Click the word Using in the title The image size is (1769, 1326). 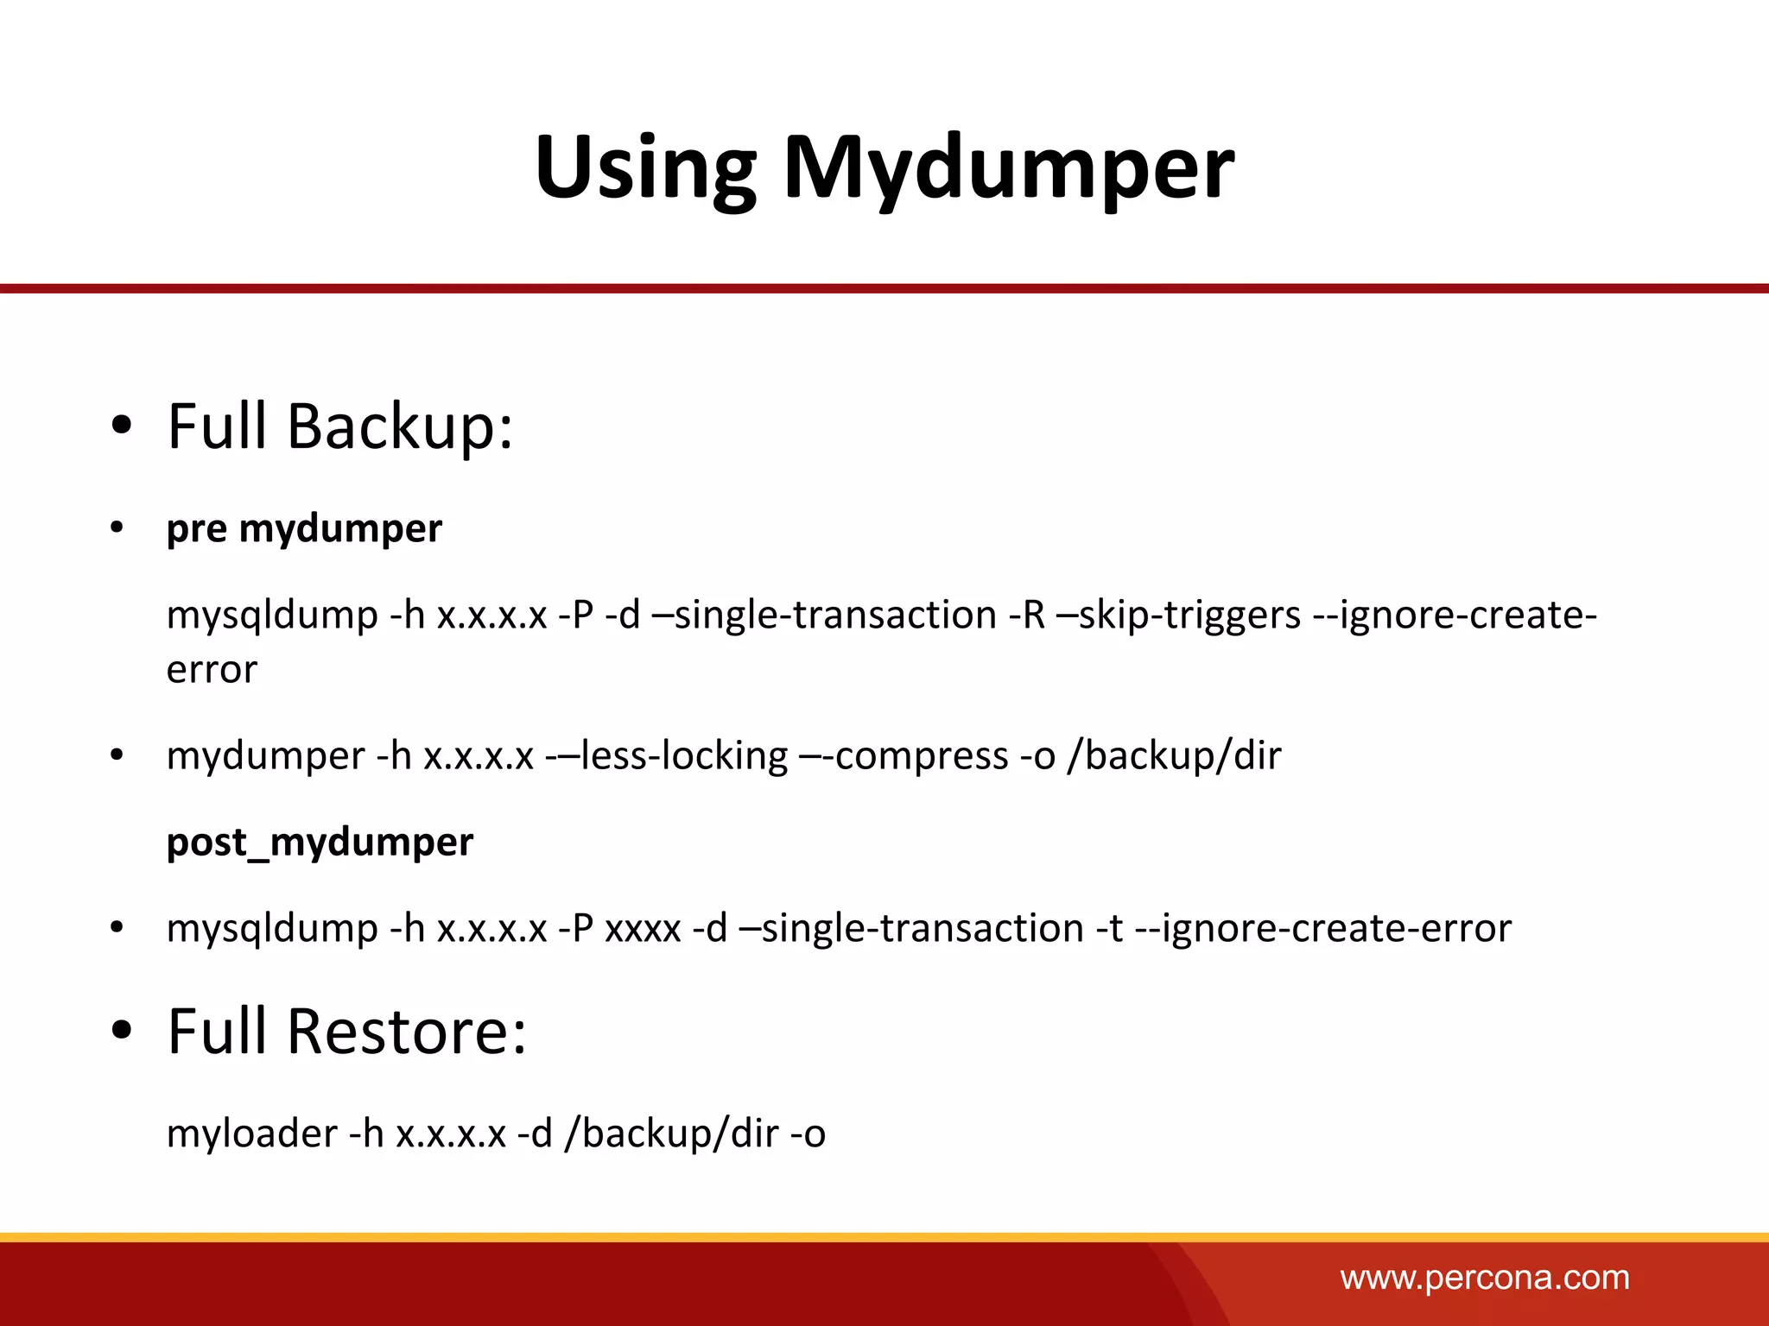[x=644, y=168]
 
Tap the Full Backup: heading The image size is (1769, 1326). [x=339, y=426]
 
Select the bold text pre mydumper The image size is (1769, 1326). [x=304, y=528]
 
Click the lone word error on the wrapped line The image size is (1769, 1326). [x=212, y=670]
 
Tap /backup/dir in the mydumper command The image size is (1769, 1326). [x=1174, y=756]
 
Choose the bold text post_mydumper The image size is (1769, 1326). [x=320, y=843]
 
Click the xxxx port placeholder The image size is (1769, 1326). [x=644, y=929]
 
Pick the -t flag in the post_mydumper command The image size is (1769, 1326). [x=1109, y=929]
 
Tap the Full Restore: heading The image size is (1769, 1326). [x=346, y=1032]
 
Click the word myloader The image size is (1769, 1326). [x=251, y=1133]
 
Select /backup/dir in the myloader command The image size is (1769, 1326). [x=671, y=1133]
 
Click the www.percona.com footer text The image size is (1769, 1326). [x=1485, y=1278]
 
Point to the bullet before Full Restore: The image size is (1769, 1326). [x=122, y=1031]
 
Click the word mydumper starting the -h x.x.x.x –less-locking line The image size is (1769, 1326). [x=265, y=756]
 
